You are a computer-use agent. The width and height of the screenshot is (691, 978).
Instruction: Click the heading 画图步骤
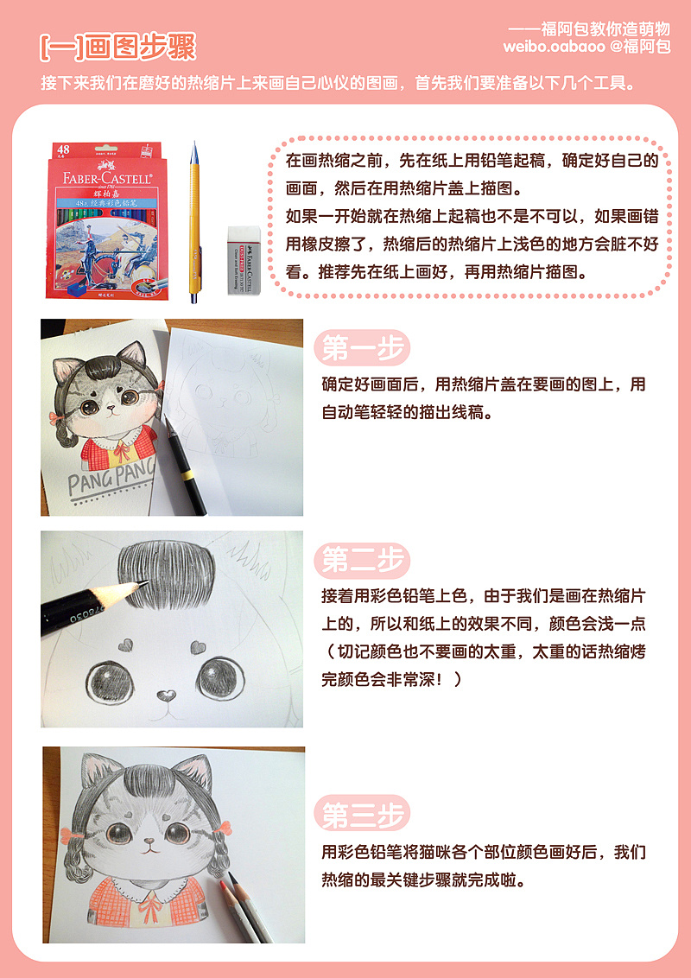(140, 48)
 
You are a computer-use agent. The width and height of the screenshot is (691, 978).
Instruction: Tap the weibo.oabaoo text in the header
(554, 47)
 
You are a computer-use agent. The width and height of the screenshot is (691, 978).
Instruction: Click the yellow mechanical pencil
(194, 222)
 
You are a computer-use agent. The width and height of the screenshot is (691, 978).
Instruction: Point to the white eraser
(240, 259)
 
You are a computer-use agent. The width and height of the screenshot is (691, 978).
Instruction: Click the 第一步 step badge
(362, 348)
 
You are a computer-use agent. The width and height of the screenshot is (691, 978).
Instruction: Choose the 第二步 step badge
(362, 560)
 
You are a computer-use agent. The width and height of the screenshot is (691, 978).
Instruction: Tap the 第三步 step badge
(362, 813)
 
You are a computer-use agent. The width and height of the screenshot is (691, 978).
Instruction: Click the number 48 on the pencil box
(63, 149)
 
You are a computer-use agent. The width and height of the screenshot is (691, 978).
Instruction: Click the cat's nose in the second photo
(166, 695)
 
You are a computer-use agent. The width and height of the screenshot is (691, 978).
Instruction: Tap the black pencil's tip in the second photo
(144, 583)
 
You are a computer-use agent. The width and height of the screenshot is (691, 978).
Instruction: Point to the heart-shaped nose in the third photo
(149, 841)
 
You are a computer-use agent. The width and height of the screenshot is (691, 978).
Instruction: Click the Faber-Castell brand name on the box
(106, 178)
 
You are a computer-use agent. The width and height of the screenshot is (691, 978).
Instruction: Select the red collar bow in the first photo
(122, 449)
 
